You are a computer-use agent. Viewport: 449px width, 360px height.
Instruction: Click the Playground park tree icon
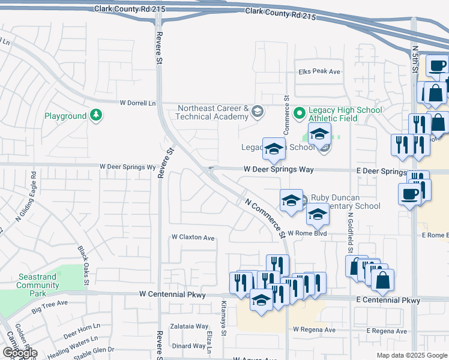[x=95, y=115]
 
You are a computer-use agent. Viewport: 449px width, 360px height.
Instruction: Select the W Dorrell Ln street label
[x=137, y=103]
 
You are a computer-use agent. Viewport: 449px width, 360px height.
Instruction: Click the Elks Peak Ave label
[x=319, y=71]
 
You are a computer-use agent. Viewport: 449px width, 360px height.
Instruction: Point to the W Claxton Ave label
[x=193, y=238]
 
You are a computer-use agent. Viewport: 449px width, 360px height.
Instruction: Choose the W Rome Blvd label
[x=306, y=233]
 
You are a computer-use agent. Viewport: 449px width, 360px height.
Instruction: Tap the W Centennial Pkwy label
[x=172, y=295]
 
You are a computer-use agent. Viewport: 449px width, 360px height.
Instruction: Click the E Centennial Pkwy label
[x=388, y=300]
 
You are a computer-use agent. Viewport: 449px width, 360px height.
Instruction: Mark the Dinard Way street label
[x=188, y=346]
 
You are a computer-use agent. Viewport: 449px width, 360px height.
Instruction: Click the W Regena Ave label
[x=315, y=329]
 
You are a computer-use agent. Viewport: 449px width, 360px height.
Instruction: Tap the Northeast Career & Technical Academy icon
[x=258, y=112]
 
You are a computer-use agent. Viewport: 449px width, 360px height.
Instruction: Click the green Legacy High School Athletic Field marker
[x=300, y=112]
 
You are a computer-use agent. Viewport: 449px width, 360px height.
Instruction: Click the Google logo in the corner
[x=19, y=353]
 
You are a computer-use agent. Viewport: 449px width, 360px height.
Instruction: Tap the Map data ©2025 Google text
[x=412, y=355]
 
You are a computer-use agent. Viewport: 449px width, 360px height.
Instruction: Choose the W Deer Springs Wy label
[x=127, y=166]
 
